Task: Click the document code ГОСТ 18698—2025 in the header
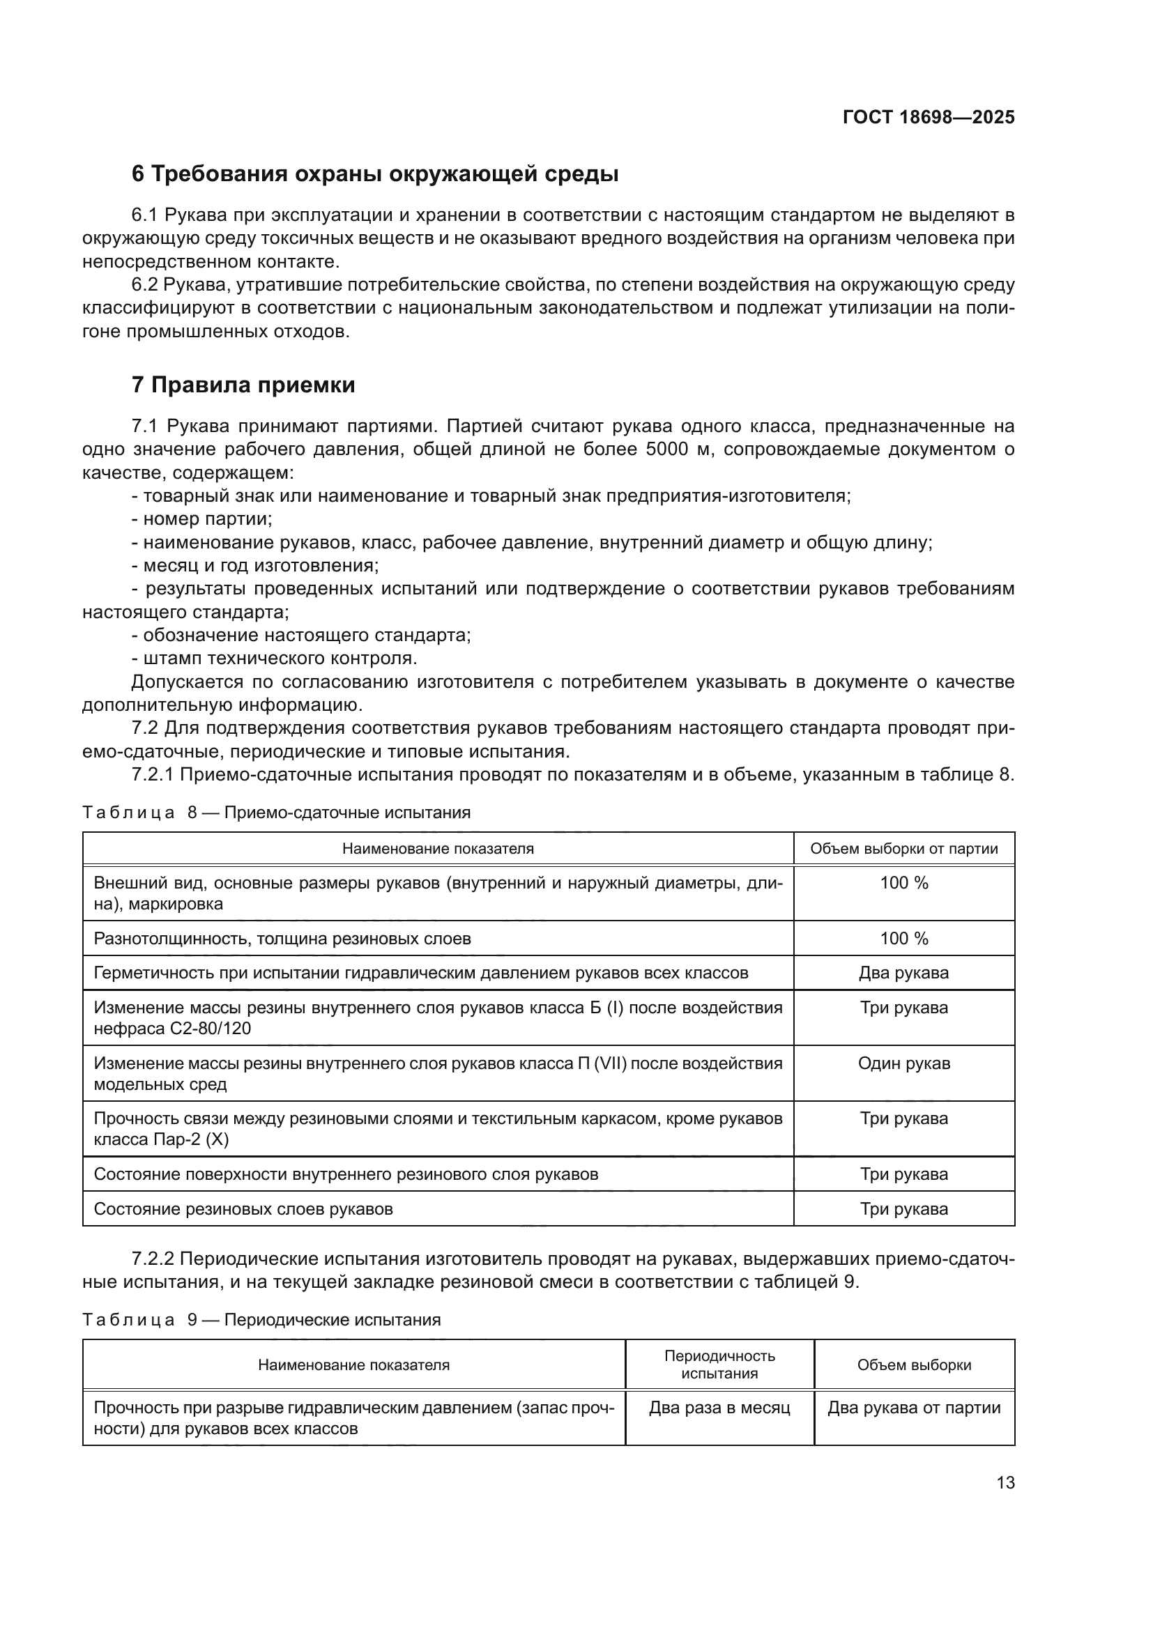point(928,118)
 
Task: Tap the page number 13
point(1005,1483)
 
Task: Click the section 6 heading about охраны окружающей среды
point(375,174)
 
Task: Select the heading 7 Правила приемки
point(243,385)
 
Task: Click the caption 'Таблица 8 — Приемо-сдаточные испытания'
point(276,813)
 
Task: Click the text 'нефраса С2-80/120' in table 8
point(172,1029)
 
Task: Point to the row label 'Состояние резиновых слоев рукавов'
point(243,1209)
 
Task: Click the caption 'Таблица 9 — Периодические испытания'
point(261,1320)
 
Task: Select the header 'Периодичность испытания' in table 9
point(719,1364)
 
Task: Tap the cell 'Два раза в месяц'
point(719,1408)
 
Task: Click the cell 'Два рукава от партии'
point(914,1408)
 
